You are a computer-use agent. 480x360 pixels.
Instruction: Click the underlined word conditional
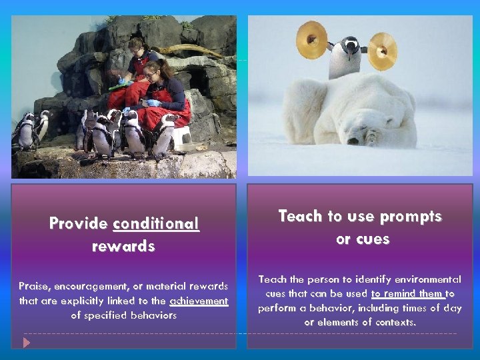click(156, 223)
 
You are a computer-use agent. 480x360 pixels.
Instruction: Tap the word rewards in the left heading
click(123, 246)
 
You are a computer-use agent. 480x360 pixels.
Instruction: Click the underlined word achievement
click(199, 301)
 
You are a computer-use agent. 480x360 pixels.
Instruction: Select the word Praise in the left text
click(33, 286)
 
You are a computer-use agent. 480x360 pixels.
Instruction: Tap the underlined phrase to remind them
click(407, 293)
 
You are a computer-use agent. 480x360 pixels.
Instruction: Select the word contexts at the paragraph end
click(393, 322)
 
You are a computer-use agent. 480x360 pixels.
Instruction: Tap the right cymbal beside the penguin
click(382, 51)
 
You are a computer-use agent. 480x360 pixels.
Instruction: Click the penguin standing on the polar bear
click(347, 57)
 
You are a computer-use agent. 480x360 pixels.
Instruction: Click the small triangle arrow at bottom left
click(27, 342)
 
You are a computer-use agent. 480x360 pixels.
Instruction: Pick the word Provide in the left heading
click(78, 223)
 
